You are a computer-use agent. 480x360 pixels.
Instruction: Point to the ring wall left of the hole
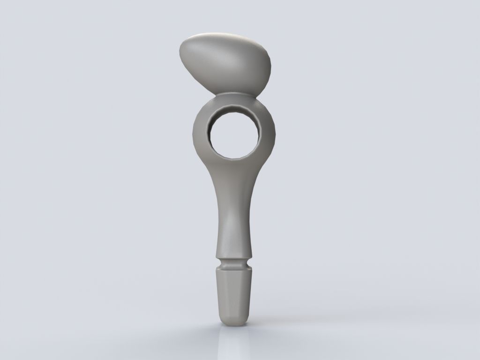[201, 134]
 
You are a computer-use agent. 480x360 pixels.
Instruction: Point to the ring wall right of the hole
[266, 134]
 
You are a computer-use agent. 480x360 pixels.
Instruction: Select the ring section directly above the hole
[233, 104]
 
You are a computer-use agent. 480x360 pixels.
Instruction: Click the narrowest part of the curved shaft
[233, 220]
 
